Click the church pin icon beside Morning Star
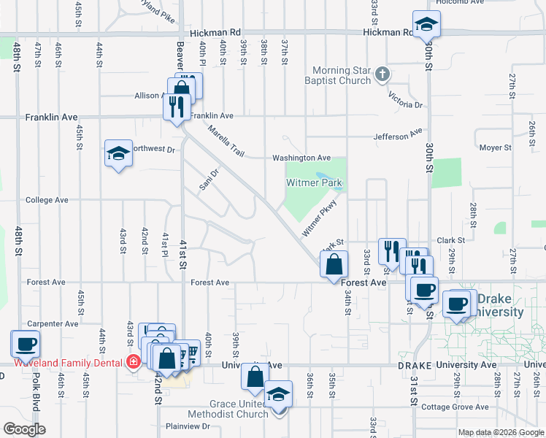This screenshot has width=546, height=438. pyautogui.click(x=382, y=74)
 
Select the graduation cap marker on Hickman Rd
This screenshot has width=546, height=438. pyautogui.click(x=426, y=26)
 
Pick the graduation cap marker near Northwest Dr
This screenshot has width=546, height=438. pyautogui.click(x=118, y=154)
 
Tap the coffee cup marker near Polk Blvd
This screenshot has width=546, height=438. pyautogui.click(x=26, y=343)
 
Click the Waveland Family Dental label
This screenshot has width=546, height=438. pyautogui.click(x=69, y=362)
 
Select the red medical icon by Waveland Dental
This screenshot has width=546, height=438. pyautogui.click(x=133, y=362)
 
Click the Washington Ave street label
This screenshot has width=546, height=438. pyautogui.click(x=301, y=158)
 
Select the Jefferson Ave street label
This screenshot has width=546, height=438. pyautogui.click(x=398, y=135)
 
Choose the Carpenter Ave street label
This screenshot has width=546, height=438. pyautogui.click(x=52, y=323)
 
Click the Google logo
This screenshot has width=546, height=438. pyautogui.click(x=24, y=429)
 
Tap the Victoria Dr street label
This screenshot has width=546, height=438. pyautogui.click(x=405, y=99)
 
